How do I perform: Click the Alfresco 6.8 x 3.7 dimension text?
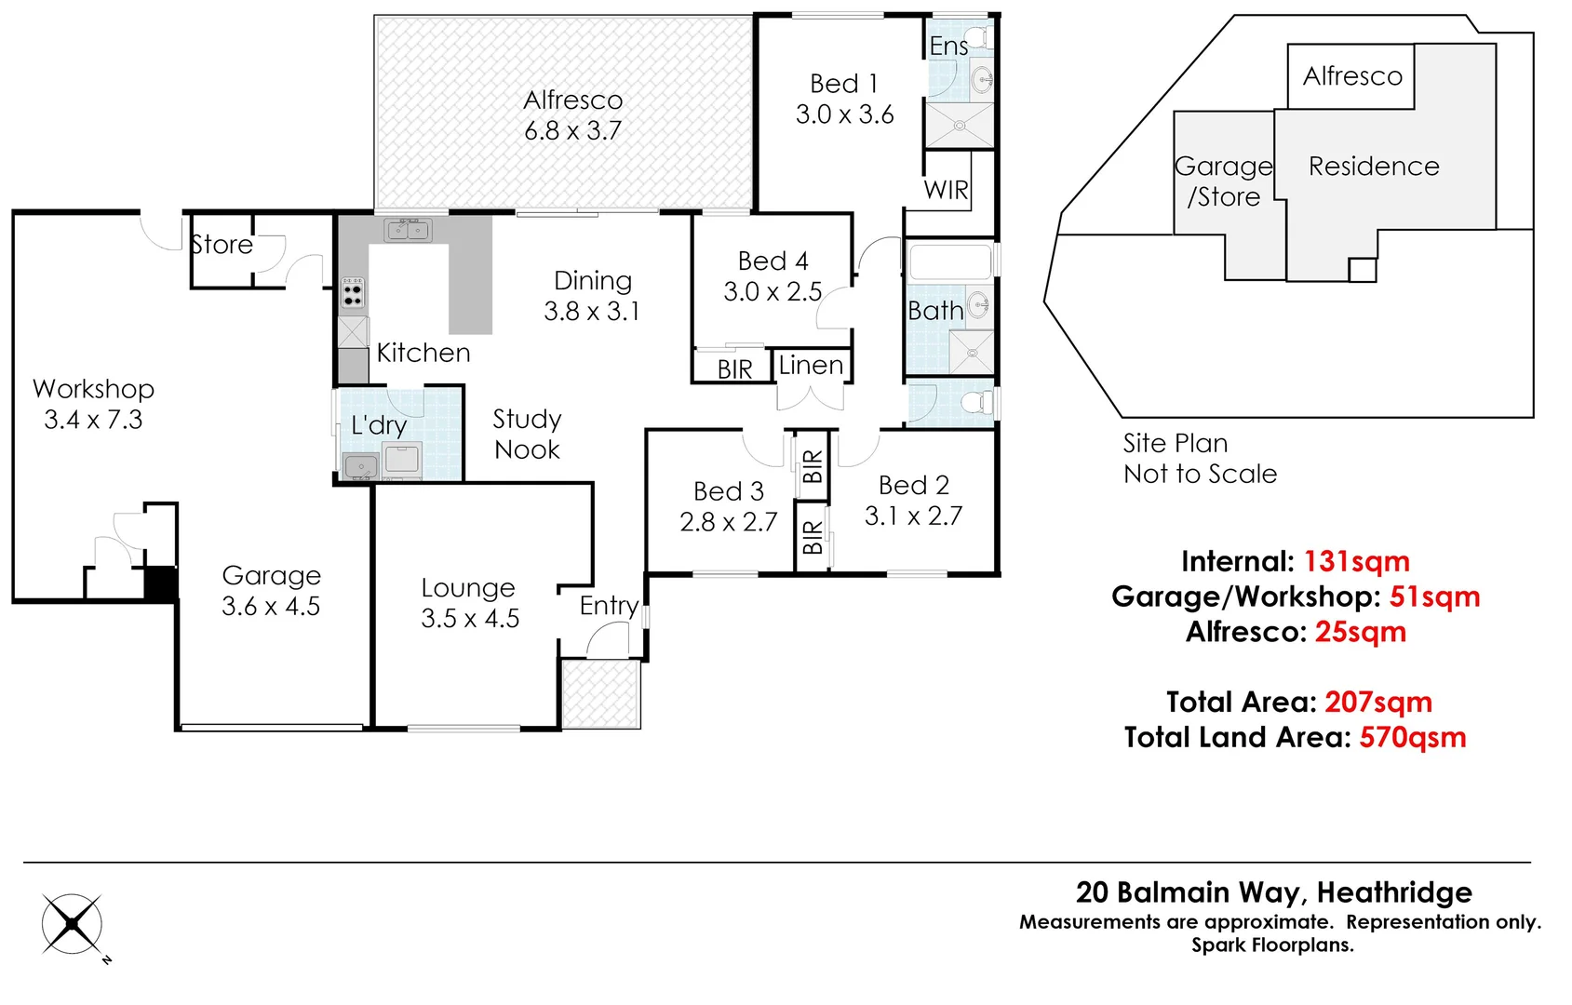572,131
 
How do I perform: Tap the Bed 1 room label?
844,84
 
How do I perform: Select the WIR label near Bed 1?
946,190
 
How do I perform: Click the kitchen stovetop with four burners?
352,292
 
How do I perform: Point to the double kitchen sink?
409,229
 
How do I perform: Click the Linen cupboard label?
811,366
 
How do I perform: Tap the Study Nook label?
527,434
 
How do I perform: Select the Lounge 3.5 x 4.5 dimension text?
470,619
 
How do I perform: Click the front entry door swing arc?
608,639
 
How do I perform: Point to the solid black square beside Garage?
160,583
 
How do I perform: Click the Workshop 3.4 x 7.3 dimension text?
93,420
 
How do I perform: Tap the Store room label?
222,245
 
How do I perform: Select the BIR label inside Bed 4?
734,369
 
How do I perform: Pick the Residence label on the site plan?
1374,167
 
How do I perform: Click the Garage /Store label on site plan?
1223,181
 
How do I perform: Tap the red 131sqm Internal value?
1356,562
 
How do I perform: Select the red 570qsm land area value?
1412,738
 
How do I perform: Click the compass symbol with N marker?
73,925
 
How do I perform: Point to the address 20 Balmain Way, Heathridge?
1273,892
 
